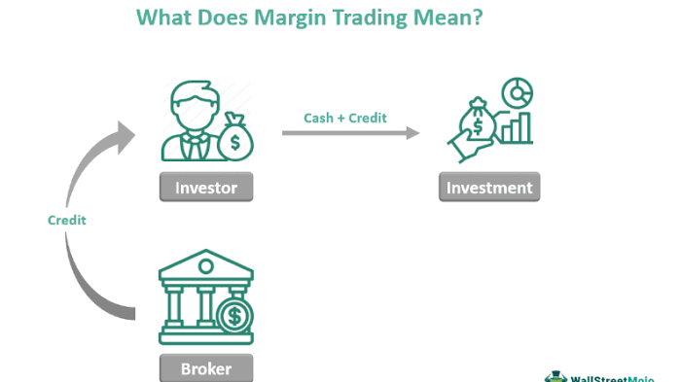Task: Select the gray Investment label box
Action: click(x=489, y=187)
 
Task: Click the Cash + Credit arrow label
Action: click(x=346, y=118)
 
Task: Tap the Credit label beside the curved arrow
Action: click(x=67, y=220)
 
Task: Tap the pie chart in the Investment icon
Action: click(x=516, y=94)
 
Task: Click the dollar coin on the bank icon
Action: click(x=233, y=316)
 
